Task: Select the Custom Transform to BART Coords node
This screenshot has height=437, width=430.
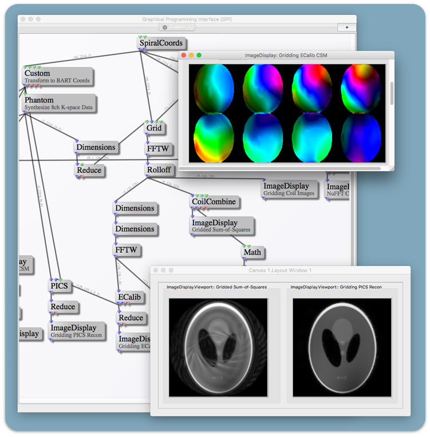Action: point(57,77)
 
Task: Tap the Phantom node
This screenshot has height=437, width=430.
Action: point(59,104)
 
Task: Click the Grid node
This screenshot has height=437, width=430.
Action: point(154,129)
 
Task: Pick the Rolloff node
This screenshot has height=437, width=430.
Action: point(159,170)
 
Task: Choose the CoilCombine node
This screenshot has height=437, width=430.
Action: point(214,202)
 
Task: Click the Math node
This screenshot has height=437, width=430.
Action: point(252,252)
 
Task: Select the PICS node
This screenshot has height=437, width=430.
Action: point(59,286)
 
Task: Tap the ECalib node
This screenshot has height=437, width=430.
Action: point(129,297)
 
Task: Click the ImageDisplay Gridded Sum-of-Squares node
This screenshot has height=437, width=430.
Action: point(222,225)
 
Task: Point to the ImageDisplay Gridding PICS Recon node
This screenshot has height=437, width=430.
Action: point(76,331)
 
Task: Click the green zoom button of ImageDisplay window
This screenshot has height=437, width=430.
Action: point(199,55)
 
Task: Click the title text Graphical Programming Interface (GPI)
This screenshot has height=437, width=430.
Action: point(187,19)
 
